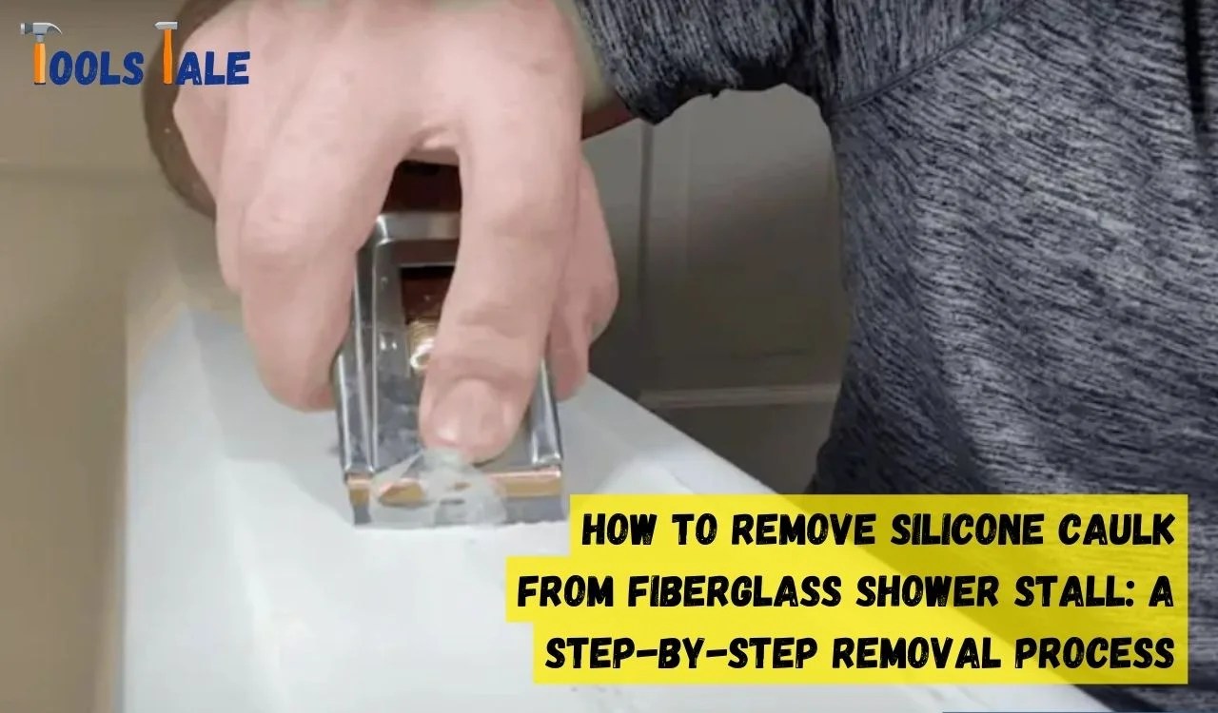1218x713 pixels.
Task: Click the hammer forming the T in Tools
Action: point(40,52)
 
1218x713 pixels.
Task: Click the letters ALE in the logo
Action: point(212,67)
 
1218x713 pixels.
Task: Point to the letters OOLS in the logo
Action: point(96,67)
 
